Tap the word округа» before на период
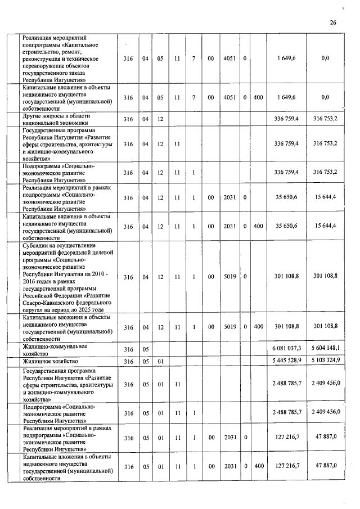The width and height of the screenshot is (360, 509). pos(34,310)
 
